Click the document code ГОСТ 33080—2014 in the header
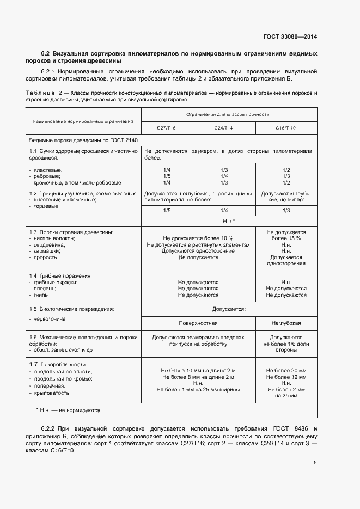pos(290,37)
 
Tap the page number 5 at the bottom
pos(315,463)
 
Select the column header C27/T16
pos(166,128)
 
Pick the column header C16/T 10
pos(286,128)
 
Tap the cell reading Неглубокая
pos(286,323)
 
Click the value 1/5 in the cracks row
pos(167,210)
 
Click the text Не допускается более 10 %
pos(198,238)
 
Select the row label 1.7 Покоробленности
pos(58,364)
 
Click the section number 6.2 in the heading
pos(45,53)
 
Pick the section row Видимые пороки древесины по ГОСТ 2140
pos(83,140)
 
